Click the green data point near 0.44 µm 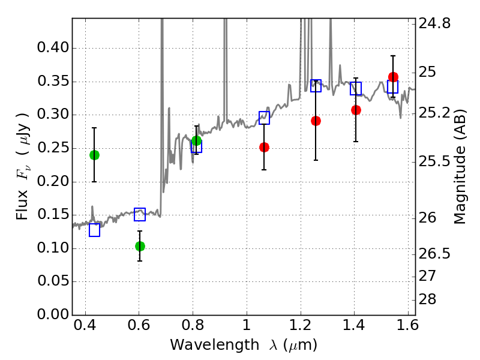(94, 155)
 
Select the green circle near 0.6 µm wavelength (140, 246)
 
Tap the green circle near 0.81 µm (196, 141)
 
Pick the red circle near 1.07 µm (264, 147)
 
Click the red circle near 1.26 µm (316, 121)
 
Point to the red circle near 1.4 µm (356, 110)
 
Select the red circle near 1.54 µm (393, 77)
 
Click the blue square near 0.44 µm (94, 230)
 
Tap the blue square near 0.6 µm (140, 214)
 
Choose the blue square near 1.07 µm (264, 118)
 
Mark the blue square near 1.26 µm (316, 86)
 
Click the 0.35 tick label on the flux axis (53, 82)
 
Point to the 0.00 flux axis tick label (53, 314)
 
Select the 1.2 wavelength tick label (301, 325)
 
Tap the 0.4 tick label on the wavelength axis (85, 325)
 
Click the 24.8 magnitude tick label (434, 23)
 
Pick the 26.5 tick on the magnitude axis (434, 254)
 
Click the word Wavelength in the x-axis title (215, 345)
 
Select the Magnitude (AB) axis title (460, 167)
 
